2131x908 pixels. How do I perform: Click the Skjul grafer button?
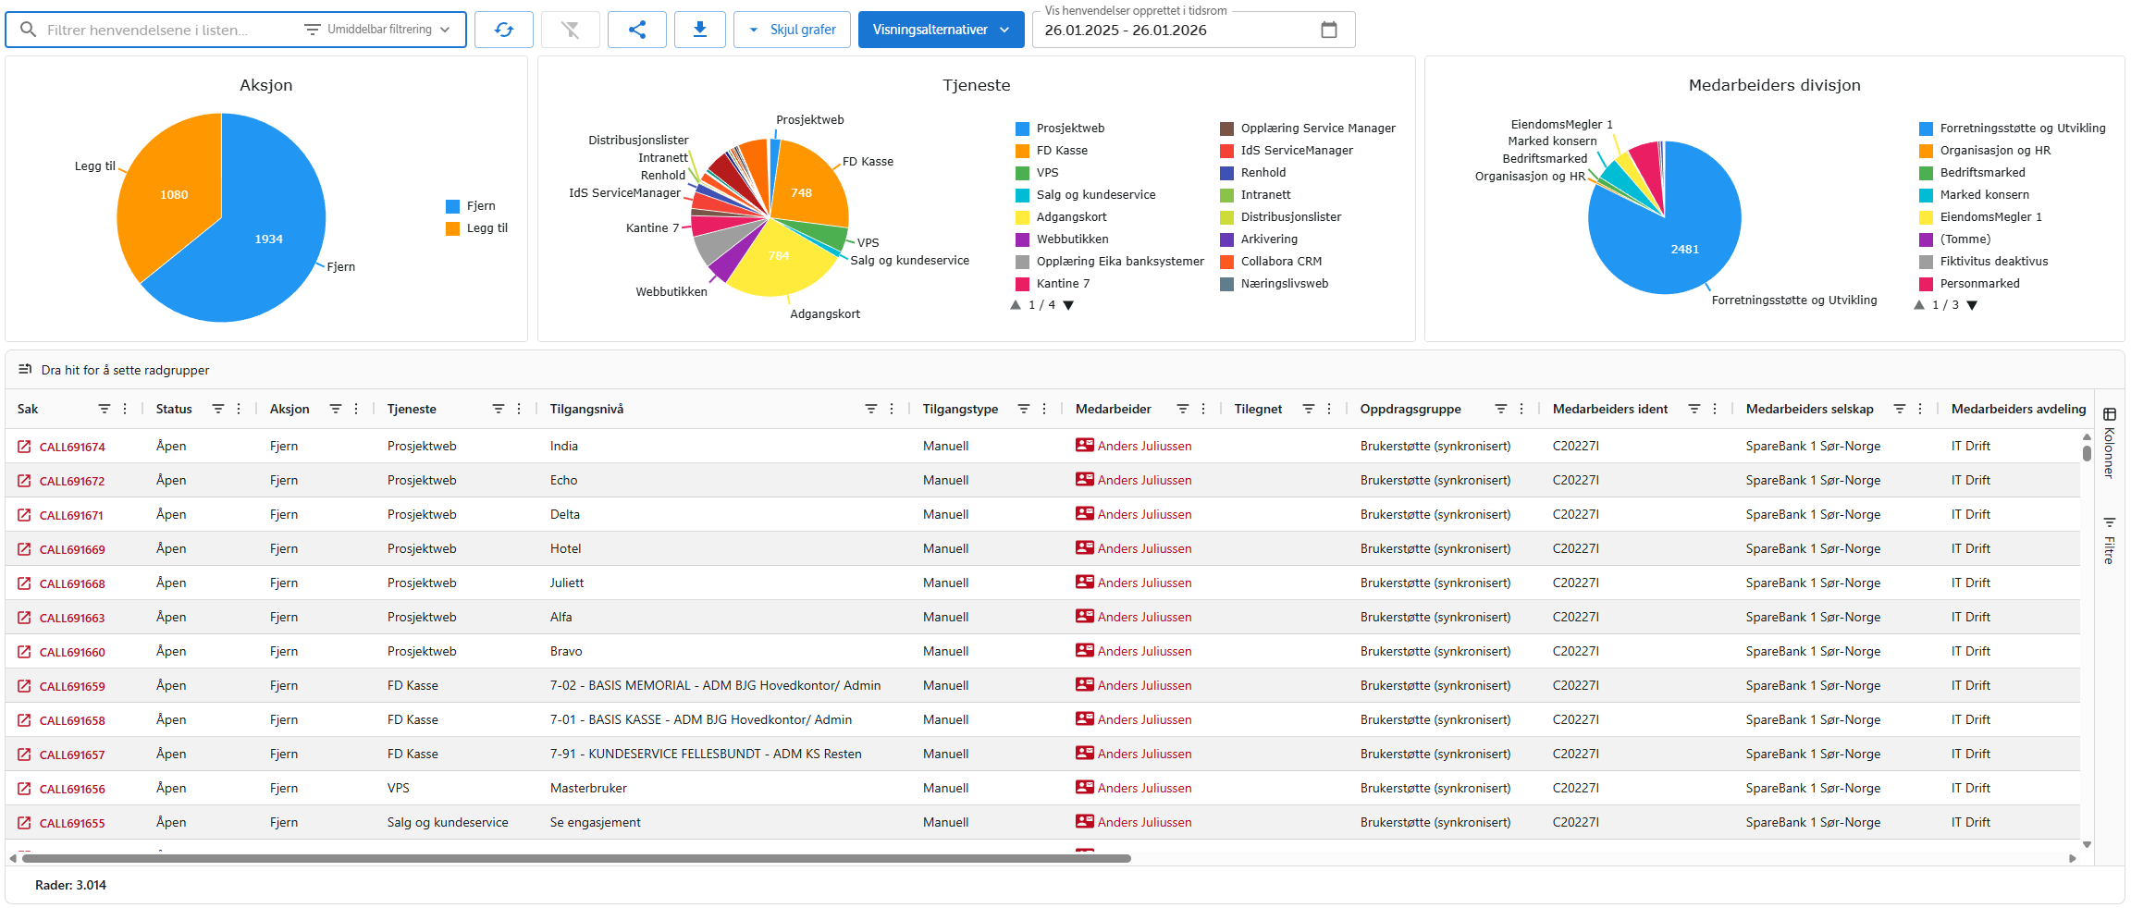[x=792, y=30]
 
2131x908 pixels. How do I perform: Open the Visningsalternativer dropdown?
[x=941, y=30]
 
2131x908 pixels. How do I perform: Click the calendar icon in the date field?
[x=1328, y=30]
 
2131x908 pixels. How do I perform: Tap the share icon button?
[x=636, y=30]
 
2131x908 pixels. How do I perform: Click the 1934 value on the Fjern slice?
[x=268, y=239]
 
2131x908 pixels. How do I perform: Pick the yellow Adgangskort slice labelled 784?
[x=779, y=257]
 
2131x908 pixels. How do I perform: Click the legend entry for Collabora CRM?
[x=1280, y=262]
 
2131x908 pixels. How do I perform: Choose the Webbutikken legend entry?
[x=1071, y=239]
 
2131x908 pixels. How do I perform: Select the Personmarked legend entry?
[x=1978, y=284]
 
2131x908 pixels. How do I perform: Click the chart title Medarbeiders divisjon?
[x=1774, y=85]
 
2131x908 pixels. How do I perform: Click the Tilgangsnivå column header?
[x=586, y=409]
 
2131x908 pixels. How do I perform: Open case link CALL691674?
[x=72, y=447]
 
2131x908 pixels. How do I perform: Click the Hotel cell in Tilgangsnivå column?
[x=565, y=549]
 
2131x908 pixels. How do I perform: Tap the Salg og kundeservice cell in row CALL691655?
[x=448, y=823]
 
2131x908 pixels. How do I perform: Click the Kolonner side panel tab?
[x=2109, y=443]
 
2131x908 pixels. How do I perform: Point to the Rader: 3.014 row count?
[x=70, y=885]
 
